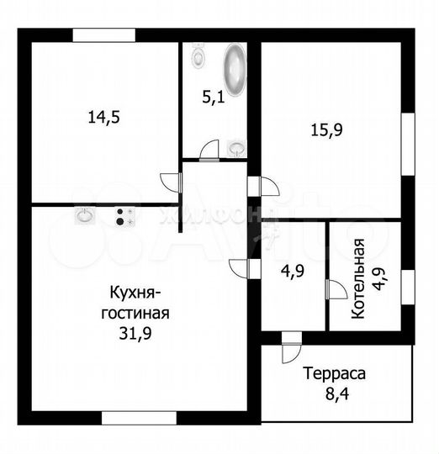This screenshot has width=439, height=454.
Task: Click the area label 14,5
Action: tap(104, 117)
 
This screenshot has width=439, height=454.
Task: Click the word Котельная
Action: tap(358, 277)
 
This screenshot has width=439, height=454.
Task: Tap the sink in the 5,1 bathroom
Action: tap(236, 149)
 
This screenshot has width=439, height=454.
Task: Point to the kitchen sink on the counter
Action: tap(84, 216)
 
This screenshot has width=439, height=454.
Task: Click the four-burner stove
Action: tap(124, 216)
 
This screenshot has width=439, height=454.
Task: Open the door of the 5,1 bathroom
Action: tap(209, 151)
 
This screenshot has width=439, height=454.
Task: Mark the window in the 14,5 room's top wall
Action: tap(103, 35)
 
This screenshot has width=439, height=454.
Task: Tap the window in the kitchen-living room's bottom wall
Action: tap(139, 417)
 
